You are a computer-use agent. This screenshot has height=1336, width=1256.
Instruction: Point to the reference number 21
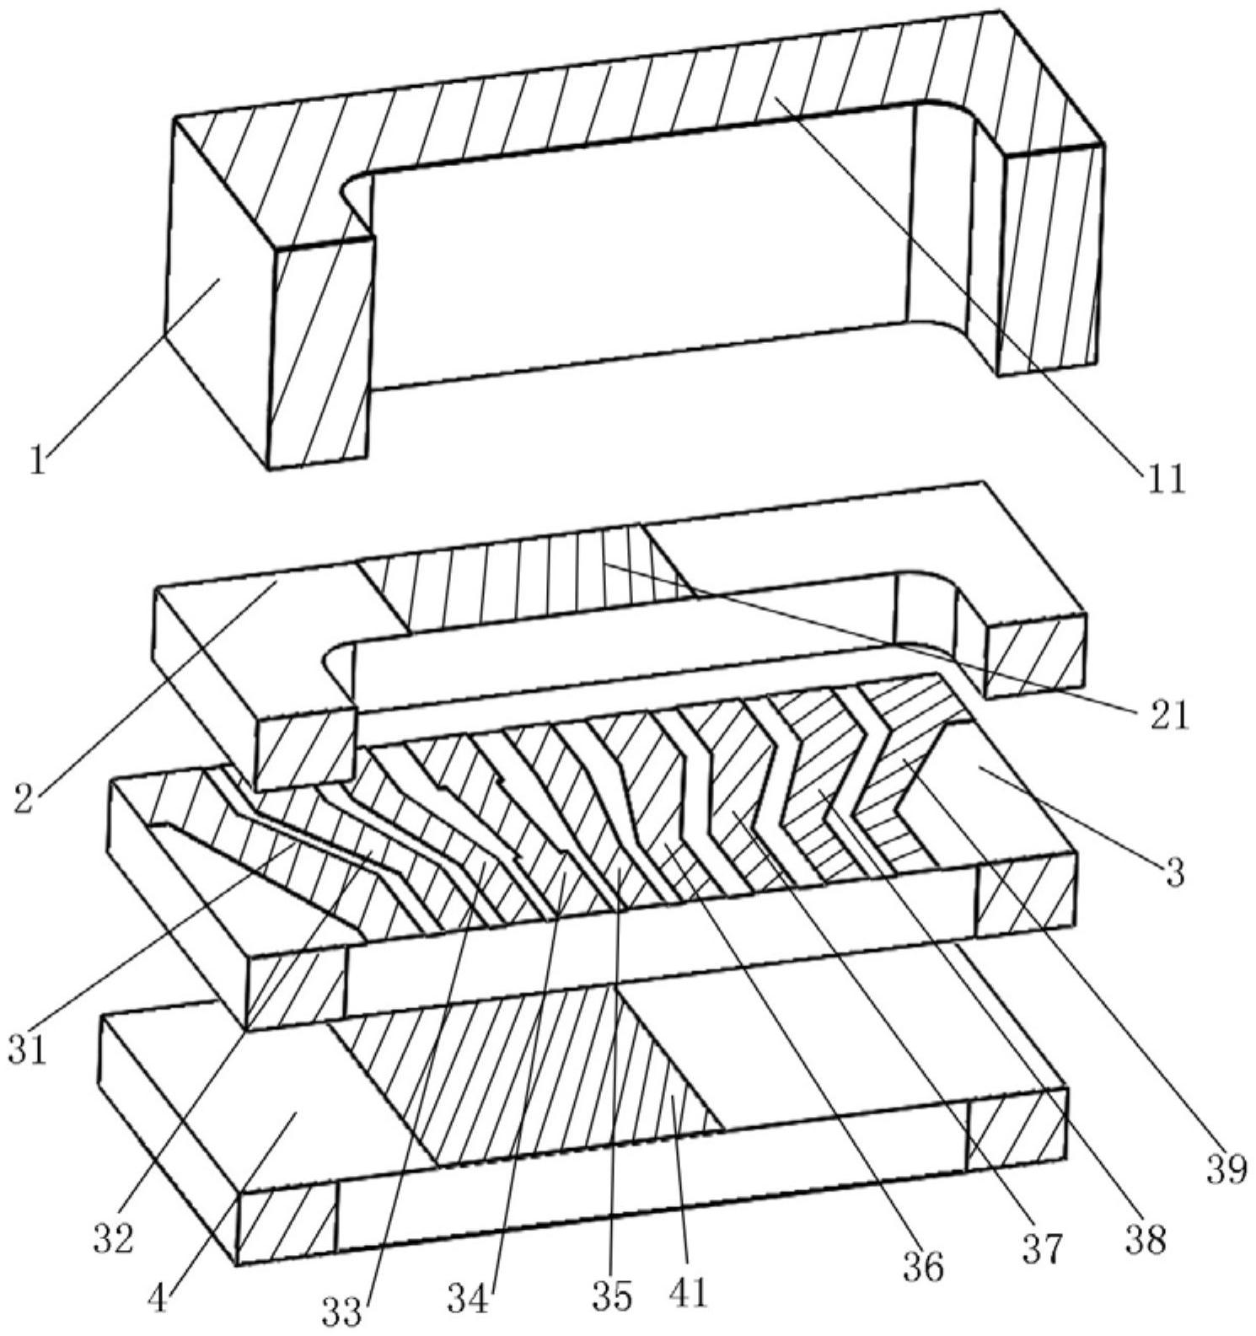[1167, 715]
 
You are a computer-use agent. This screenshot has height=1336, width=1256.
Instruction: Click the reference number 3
[1175, 872]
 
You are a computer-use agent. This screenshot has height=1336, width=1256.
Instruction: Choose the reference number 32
[113, 1238]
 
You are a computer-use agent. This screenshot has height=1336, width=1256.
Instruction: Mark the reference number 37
[1042, 1249]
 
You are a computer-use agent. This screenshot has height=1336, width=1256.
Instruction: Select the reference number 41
[688, 1291]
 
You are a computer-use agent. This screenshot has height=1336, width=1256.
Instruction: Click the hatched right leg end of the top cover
[1050, 261]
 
